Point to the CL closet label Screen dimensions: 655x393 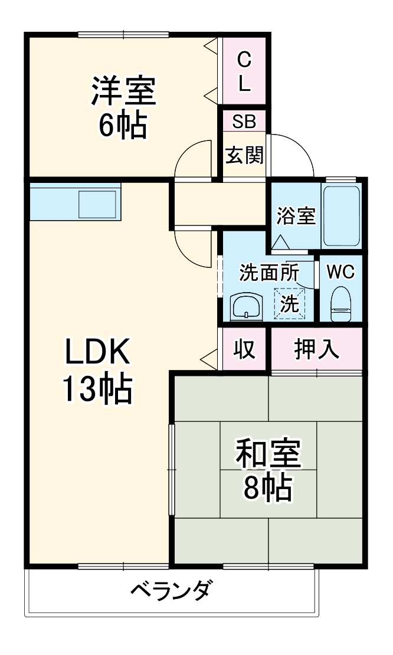coord(244,71)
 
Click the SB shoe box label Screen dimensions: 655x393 coord(244,122)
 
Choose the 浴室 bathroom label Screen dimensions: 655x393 coord(296,216)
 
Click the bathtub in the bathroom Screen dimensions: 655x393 coord(341,216)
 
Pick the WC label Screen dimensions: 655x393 coord(340,272)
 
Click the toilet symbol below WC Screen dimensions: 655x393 coord(340,304)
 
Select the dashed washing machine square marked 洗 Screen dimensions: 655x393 coord(290,303)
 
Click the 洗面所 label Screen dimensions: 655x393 coord(268,273)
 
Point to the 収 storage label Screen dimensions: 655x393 coord(244,349)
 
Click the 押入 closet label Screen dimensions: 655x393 coord(316,349)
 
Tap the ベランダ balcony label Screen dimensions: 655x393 coord(169,591)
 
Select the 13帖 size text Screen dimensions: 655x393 coord(97,389)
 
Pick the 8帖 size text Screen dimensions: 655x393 coord(268,487)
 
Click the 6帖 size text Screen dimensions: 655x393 coord(123,125)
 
